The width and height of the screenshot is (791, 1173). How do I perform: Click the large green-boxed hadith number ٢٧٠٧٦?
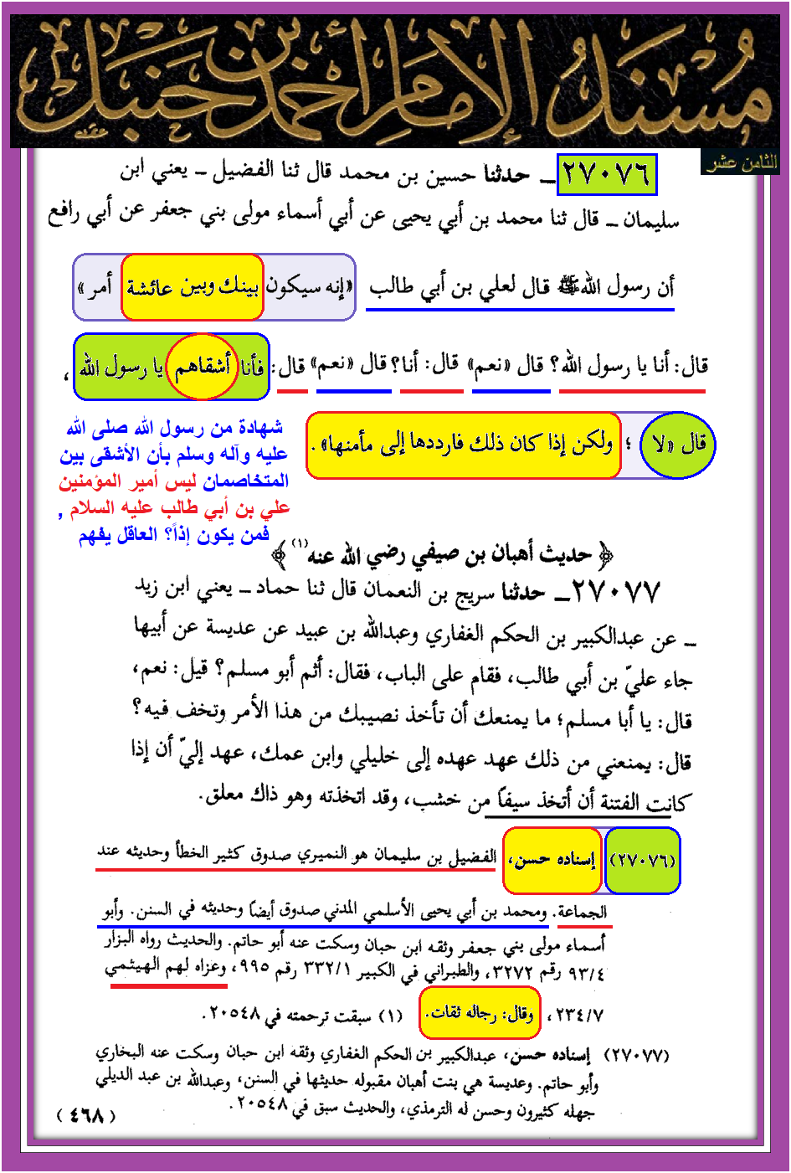[606, 175]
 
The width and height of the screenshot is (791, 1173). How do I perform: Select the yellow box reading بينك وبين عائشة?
[193, 287]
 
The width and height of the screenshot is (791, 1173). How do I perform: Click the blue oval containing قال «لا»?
[678, 445]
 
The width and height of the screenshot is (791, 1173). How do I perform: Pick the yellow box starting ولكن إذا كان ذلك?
[463, 445]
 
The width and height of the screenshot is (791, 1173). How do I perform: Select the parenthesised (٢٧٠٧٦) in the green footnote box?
[643, 861]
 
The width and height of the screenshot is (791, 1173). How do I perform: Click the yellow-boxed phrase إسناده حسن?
[552, 861]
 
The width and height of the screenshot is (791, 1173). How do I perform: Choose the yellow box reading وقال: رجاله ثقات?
[480, 1014]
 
